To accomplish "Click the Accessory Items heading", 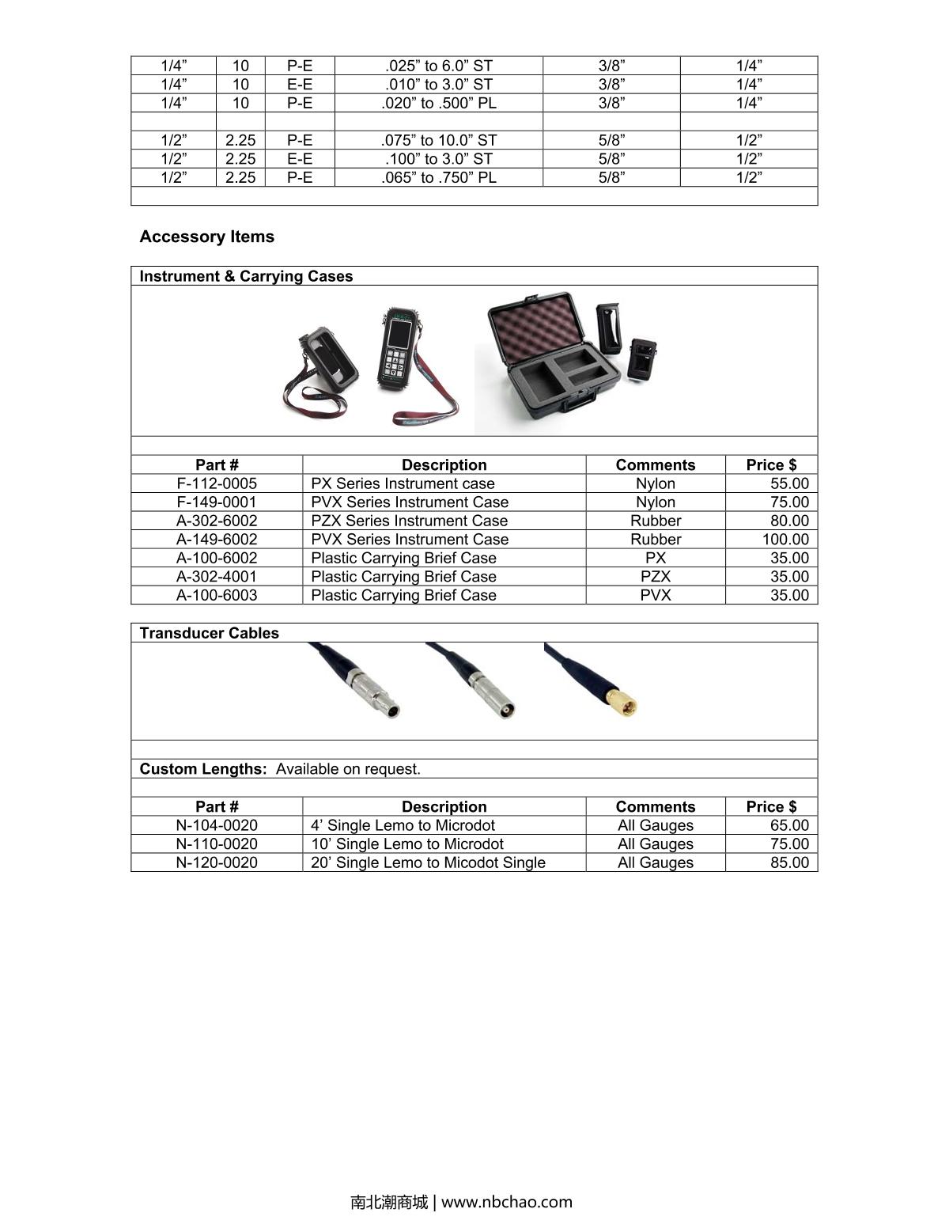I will [x=206, y=237].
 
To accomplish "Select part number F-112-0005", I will [x=216, y=483].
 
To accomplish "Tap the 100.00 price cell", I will [x=785, y=540].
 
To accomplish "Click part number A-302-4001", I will [x=216, y=577].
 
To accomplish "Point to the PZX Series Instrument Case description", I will [x=409, y=521].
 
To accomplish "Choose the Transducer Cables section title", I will [x=209, y=633].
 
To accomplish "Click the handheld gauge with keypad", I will [x=398, y=347].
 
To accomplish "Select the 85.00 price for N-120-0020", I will [x=788, y=862].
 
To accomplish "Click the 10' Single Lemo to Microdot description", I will [x=406, y=844].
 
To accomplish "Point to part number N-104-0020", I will [x=216, y=825].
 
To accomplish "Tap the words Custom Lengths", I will [x=202, y=769].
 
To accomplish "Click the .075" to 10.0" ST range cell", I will [x=438, y=140].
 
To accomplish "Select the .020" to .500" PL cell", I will [x=438, y=103].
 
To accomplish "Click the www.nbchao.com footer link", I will [x=506, y=1202].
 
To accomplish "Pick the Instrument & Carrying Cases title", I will [x=246, y=276].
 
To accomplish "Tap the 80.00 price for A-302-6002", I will [x=788, y=521].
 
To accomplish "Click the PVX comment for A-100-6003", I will [x=655, y=595].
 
